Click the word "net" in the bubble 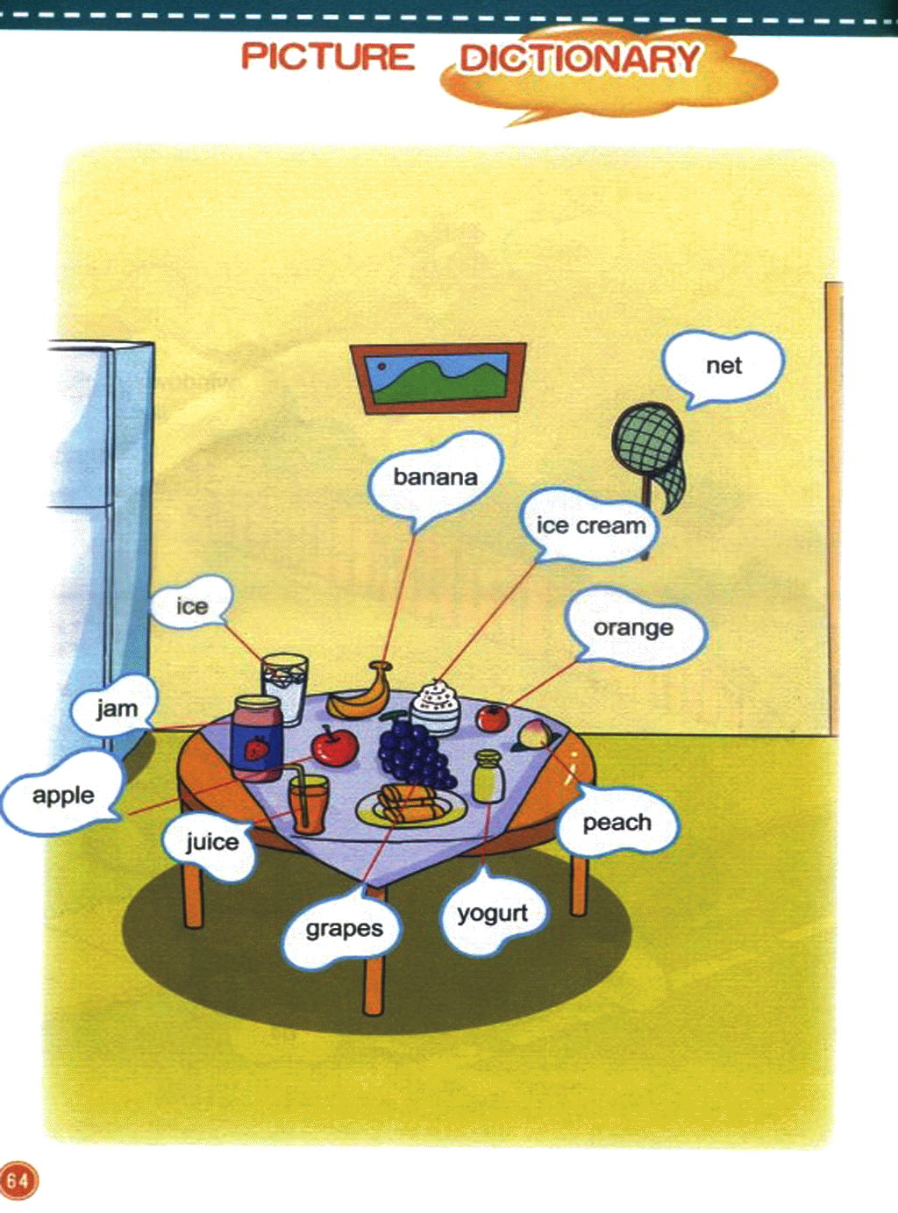[x=723, y=366]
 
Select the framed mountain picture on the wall [x=438, y=377]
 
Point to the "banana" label [x=435, y=477]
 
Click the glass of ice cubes [x=284, y=688]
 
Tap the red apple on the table [x=334, y=746]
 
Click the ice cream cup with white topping [x=436, y=707]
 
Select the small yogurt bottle [x=488, y=776]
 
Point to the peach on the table [x=530, y=734]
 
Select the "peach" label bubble [x=616, y=823]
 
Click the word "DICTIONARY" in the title [x=580, y=58]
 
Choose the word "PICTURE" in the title [x=328, y=56]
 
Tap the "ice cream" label [x=591, y=526]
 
